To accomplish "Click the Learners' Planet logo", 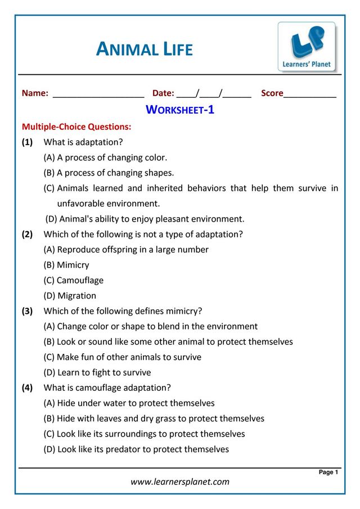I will point(307,47).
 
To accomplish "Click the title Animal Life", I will point(145,49).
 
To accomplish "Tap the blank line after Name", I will point(98,94).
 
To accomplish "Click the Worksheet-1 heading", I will point(180,110).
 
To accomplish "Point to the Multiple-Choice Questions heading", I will point(76,127).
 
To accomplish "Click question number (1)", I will point(28,142).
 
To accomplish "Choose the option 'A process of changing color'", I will point(106,157).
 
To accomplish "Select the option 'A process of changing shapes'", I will point(109,173).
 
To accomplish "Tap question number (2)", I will point(28,234).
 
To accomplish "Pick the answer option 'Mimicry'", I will point(66,265).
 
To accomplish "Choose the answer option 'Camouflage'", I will point(74,280).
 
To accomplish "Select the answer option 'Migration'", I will point(70,295).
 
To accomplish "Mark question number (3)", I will point(28,310).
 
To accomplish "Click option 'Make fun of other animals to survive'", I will point(123,357).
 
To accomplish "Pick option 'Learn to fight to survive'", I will point(97,372).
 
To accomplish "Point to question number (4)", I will point(28,388).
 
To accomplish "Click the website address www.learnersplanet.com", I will point(180,481).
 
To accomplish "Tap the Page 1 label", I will point(328,472).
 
